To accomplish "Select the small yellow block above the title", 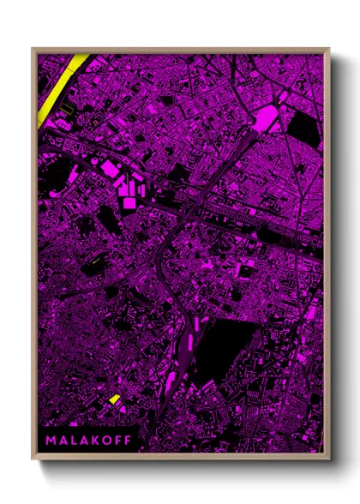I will (114, 399).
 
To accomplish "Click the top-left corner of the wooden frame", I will (33, 49).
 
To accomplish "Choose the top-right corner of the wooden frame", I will (328, 49).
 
